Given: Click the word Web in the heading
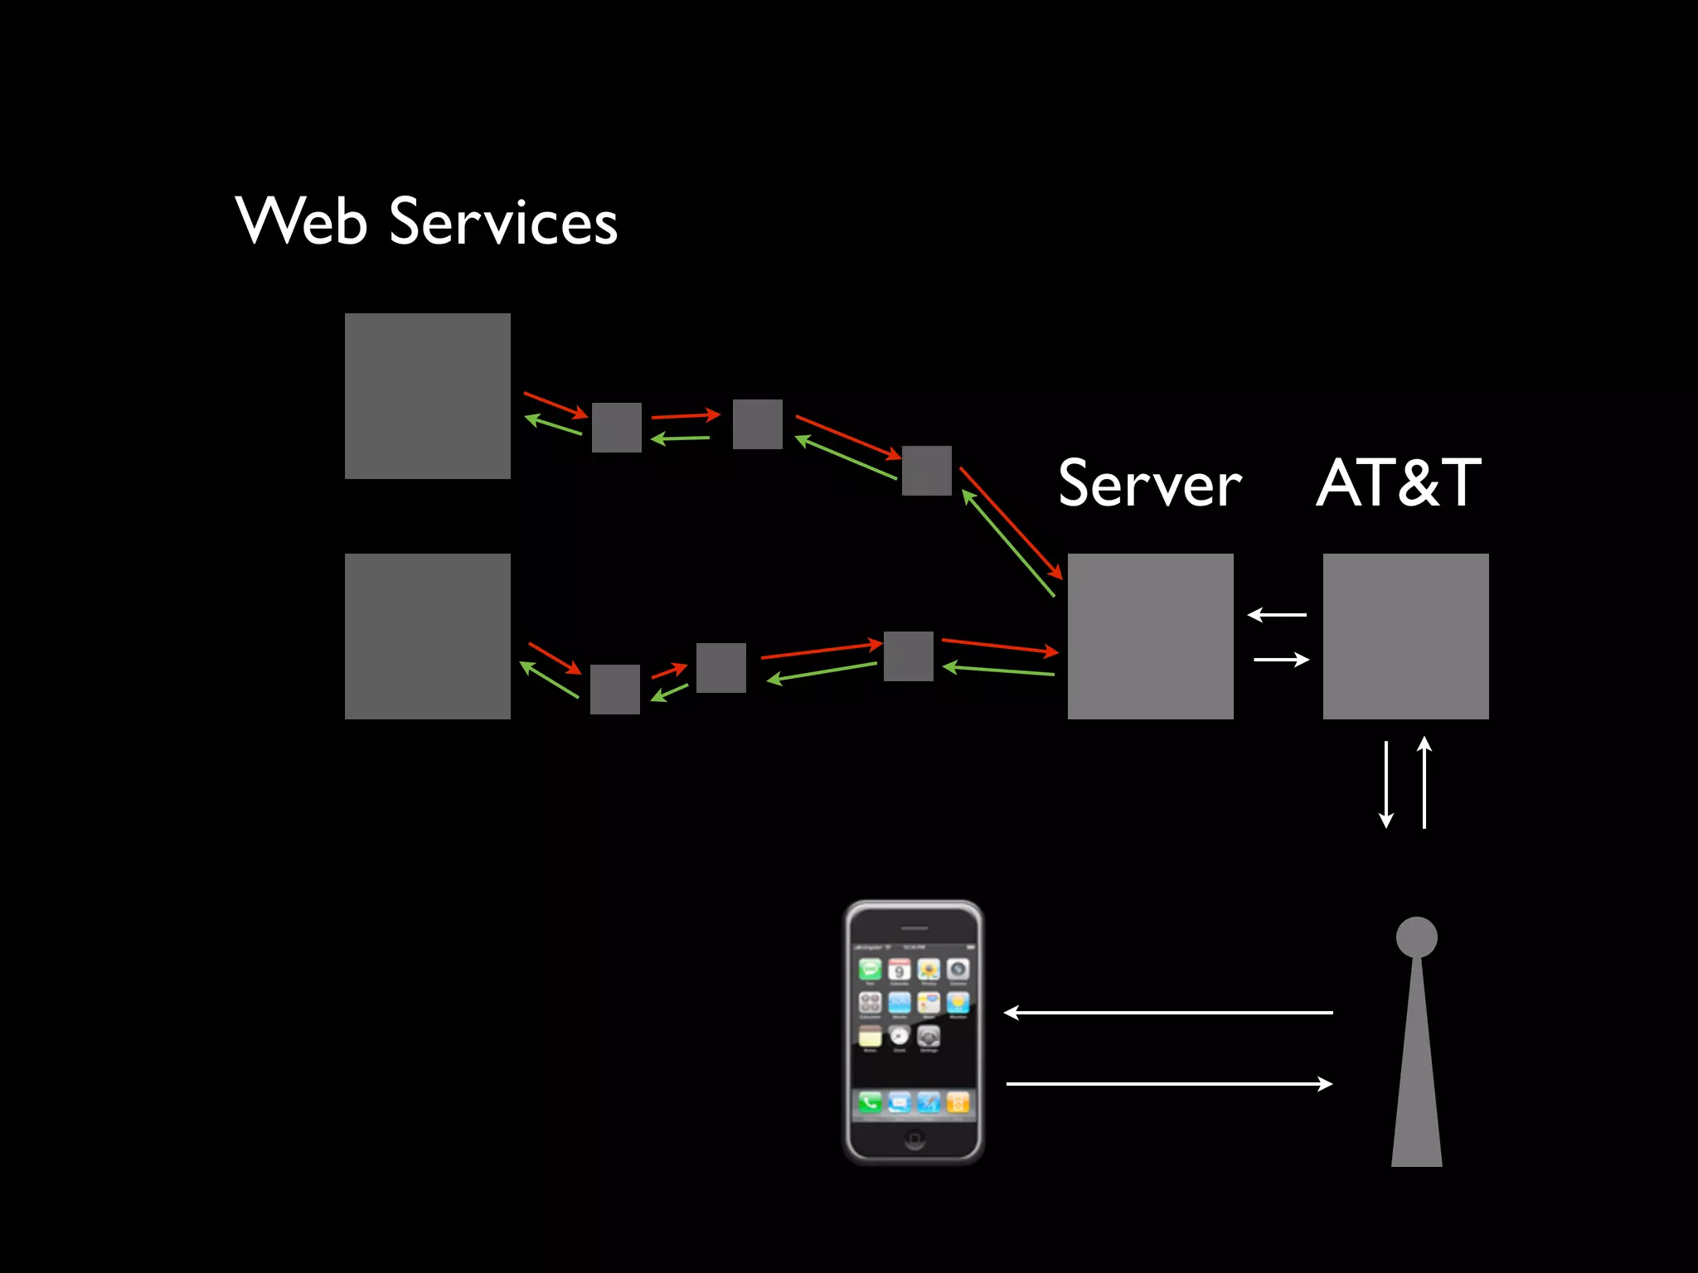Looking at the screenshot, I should [x=301, y=221].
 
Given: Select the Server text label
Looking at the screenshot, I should [x=1150, y=484].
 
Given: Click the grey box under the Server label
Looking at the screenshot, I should [x=1150, y=636].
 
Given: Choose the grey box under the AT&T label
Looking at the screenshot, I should [x=1405, y=636].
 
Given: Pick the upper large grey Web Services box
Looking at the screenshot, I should [x=427, y=395].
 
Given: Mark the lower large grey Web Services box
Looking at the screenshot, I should [x=427, y=636].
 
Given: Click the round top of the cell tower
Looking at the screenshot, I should [x=1416, y=937].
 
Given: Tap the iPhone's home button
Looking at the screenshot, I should [x=914, y=1140].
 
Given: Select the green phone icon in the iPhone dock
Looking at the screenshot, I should [x=870, y=1102].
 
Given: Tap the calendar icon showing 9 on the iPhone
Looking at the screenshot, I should [x=899, y=970].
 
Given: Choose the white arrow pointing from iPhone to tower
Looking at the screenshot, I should [x=1169, y=1083].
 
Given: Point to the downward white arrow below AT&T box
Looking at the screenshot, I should [x=1385, y=784].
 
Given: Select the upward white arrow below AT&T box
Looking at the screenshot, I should [x=1424, y=782].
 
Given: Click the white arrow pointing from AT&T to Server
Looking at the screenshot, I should [x=1277, y=614].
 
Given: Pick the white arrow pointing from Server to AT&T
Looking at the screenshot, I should [x=1282, y=660].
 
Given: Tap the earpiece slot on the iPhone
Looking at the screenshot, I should [x=914, y=928].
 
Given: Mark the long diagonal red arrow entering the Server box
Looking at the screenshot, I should [x=1011, y=523].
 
